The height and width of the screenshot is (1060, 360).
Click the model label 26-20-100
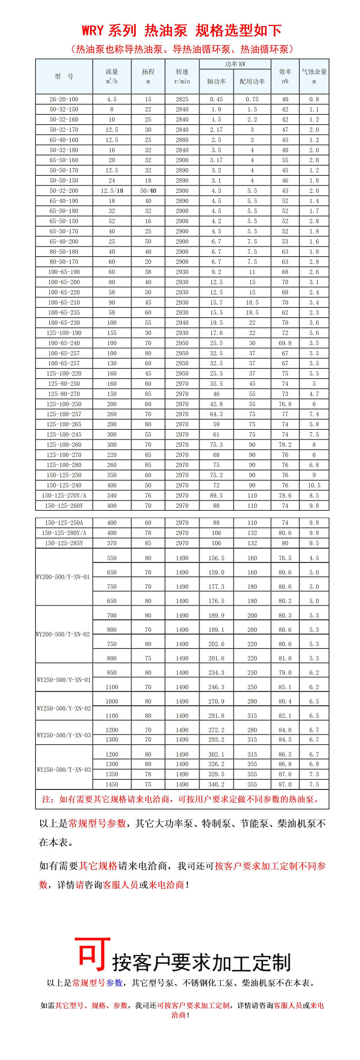64,99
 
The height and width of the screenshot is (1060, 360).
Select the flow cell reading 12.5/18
112,191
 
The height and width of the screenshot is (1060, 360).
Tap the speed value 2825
182,99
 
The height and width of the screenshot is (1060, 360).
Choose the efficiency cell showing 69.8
285,343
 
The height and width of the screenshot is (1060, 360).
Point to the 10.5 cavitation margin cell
314,485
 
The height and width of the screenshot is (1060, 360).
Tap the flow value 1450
112,784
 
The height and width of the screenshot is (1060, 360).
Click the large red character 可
93,955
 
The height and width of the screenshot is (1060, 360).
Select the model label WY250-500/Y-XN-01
64,680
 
